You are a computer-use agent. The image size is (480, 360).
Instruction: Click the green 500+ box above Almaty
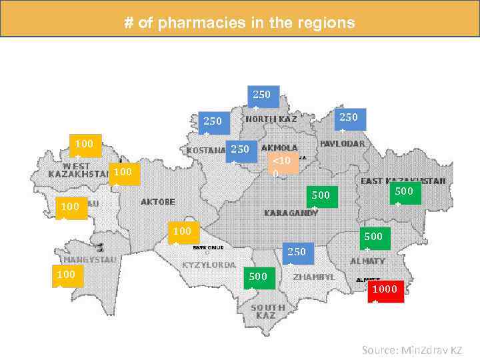tap(373, 242)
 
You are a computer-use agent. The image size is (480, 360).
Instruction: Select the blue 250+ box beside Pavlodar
tap(349, 121)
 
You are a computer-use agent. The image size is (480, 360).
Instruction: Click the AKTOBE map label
tap(158, 201)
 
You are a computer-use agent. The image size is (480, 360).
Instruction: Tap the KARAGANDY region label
tap(291, 213)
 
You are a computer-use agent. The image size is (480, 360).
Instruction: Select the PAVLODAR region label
tap(342, 143)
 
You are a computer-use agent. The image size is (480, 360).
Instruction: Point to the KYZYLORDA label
tap(209, 265)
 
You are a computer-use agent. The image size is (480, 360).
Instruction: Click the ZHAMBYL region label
tap(313, 277)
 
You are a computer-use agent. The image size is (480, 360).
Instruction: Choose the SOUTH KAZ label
tap(267, 311)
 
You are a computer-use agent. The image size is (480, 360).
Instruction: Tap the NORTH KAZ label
tap(271, 119)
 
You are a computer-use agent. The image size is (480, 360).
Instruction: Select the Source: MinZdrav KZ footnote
tap(411, 349)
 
